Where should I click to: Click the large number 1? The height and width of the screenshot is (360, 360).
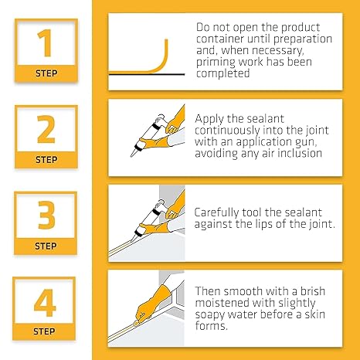pyautogui.click(x=46, y=44)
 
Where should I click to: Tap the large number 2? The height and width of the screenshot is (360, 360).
pyautogui.click(x=46, y=131)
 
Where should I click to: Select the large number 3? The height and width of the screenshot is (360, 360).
pyautogui.click(x=46, y=216)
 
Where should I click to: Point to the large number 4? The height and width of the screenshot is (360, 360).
pyautogui.click(x=46, y=302)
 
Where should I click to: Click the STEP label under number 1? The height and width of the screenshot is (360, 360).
pyautogui.click(x=46, y=74)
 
